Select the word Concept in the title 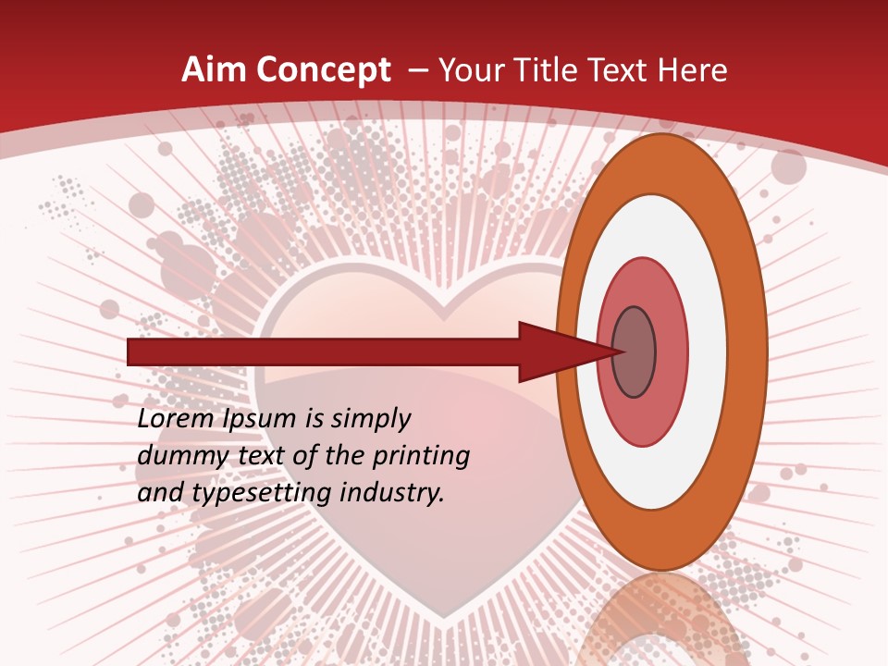click(x=323, y=70)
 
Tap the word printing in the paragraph click(x=420, y=457)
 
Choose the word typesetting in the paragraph click(x=263, y=494)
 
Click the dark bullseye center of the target click(x=635, y=352)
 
